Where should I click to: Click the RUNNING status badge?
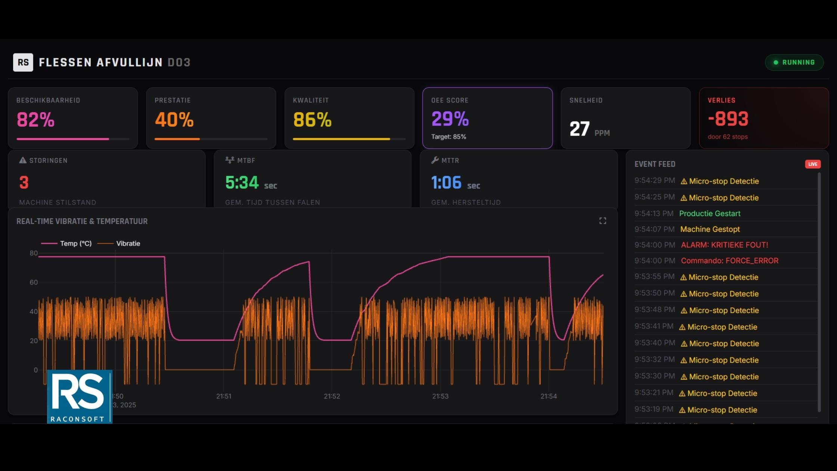[x=794, y=62]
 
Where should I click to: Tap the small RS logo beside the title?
[x=23, y=62]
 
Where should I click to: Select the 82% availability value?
[x=36, y=120]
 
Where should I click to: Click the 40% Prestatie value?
[x=174, y=120]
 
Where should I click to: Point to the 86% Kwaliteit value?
[x=312, y=120]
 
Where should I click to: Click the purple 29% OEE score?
[x=450, y=119]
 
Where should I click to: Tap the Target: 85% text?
[x=448, y=137]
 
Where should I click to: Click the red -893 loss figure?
[x=728, y=119]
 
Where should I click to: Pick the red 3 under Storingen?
[x=24, y=182]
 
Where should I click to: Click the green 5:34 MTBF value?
[x=242, y=182]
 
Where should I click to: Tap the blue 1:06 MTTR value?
[x=447, y=182]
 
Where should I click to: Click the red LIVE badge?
[x=812, y=164]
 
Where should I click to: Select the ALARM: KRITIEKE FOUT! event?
[x=724, y=245]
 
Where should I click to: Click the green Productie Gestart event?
[x=710, y=213]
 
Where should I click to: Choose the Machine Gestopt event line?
[x=710, y=229]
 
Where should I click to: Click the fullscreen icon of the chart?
[x=602, y=221]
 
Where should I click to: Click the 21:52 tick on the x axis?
[x=332, y=396]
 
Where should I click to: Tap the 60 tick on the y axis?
[x=34, y=282]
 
